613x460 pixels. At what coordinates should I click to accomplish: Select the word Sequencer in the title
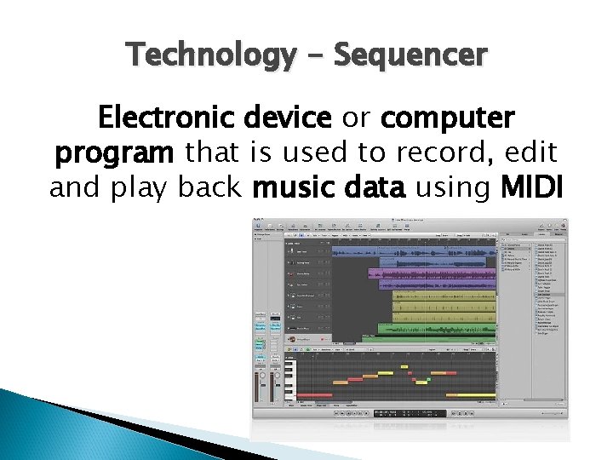pyautogui.click(x=410, y=55)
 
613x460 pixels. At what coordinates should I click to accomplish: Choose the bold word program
pyautogui.click(x=115, y=152)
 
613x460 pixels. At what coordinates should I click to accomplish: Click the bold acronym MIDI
pyautogui.click(x=533, y=187)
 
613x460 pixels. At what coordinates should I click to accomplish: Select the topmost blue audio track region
pyautogui.click(x=413, y=252)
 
